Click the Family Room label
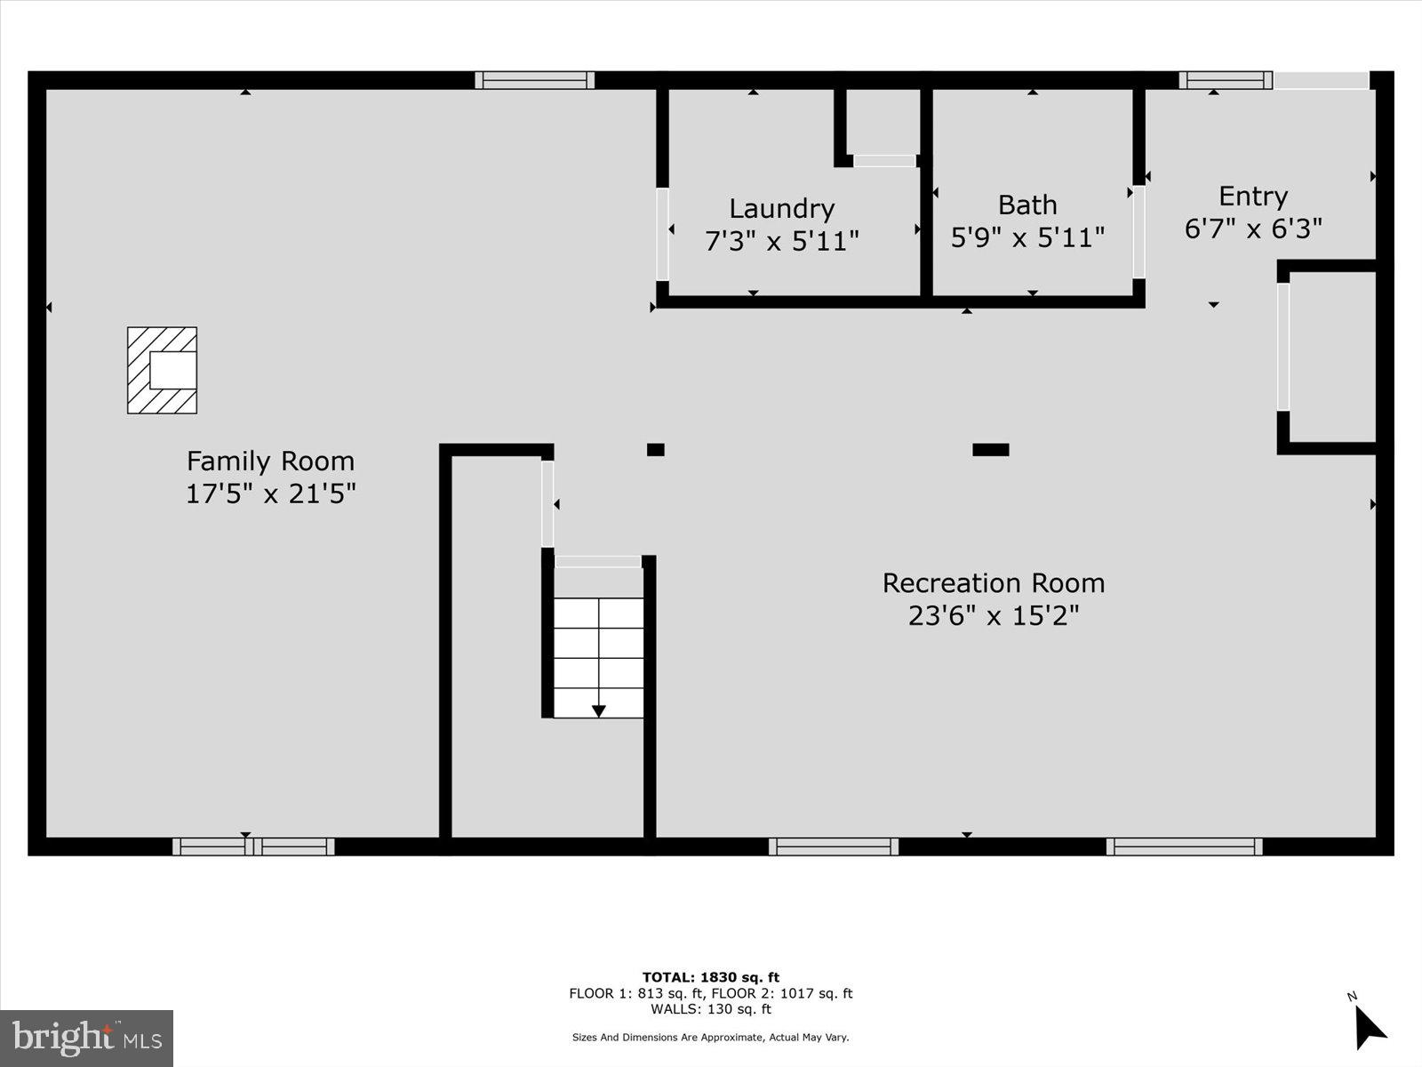[270, 461]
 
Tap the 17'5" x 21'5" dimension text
[270, 493]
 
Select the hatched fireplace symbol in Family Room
[162, 370]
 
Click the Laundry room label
[781, 208]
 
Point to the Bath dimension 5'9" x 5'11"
[1027, 237]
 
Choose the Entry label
[1253, 196]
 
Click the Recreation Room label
[993, 583]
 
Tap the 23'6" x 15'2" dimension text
[993, 615]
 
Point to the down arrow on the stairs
[598, 710]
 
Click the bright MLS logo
[86, 1038]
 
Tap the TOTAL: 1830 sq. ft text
[711, 977]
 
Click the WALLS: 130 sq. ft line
[711, 1009]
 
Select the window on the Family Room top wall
[534, 80]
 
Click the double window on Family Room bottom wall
[253, 846]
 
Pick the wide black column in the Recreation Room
[990, 450]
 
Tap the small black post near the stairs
[655, 450]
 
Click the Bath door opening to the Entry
[1138, 232]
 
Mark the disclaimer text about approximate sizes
[711, 1037]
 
